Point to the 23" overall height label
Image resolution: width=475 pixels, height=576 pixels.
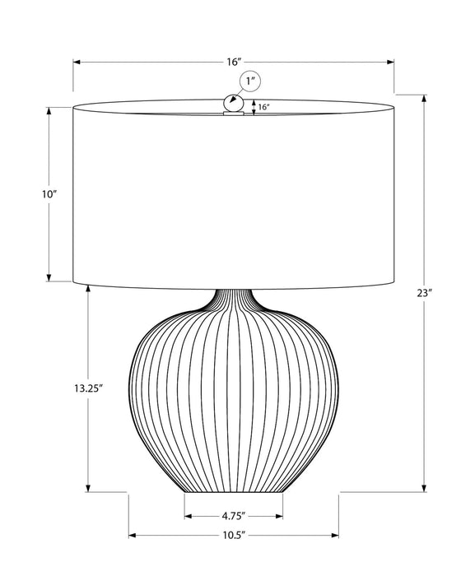click(424, 294)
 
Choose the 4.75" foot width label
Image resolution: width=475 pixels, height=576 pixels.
click(234, 517)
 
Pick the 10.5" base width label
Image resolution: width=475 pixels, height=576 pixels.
click(235, 536)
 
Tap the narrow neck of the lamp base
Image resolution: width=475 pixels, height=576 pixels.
click(234, 298)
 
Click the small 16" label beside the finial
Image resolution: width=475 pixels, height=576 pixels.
click(263, 107)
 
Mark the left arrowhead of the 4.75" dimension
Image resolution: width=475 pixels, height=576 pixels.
click(188, 517)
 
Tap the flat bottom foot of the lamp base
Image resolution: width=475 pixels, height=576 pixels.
click(234, 490)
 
